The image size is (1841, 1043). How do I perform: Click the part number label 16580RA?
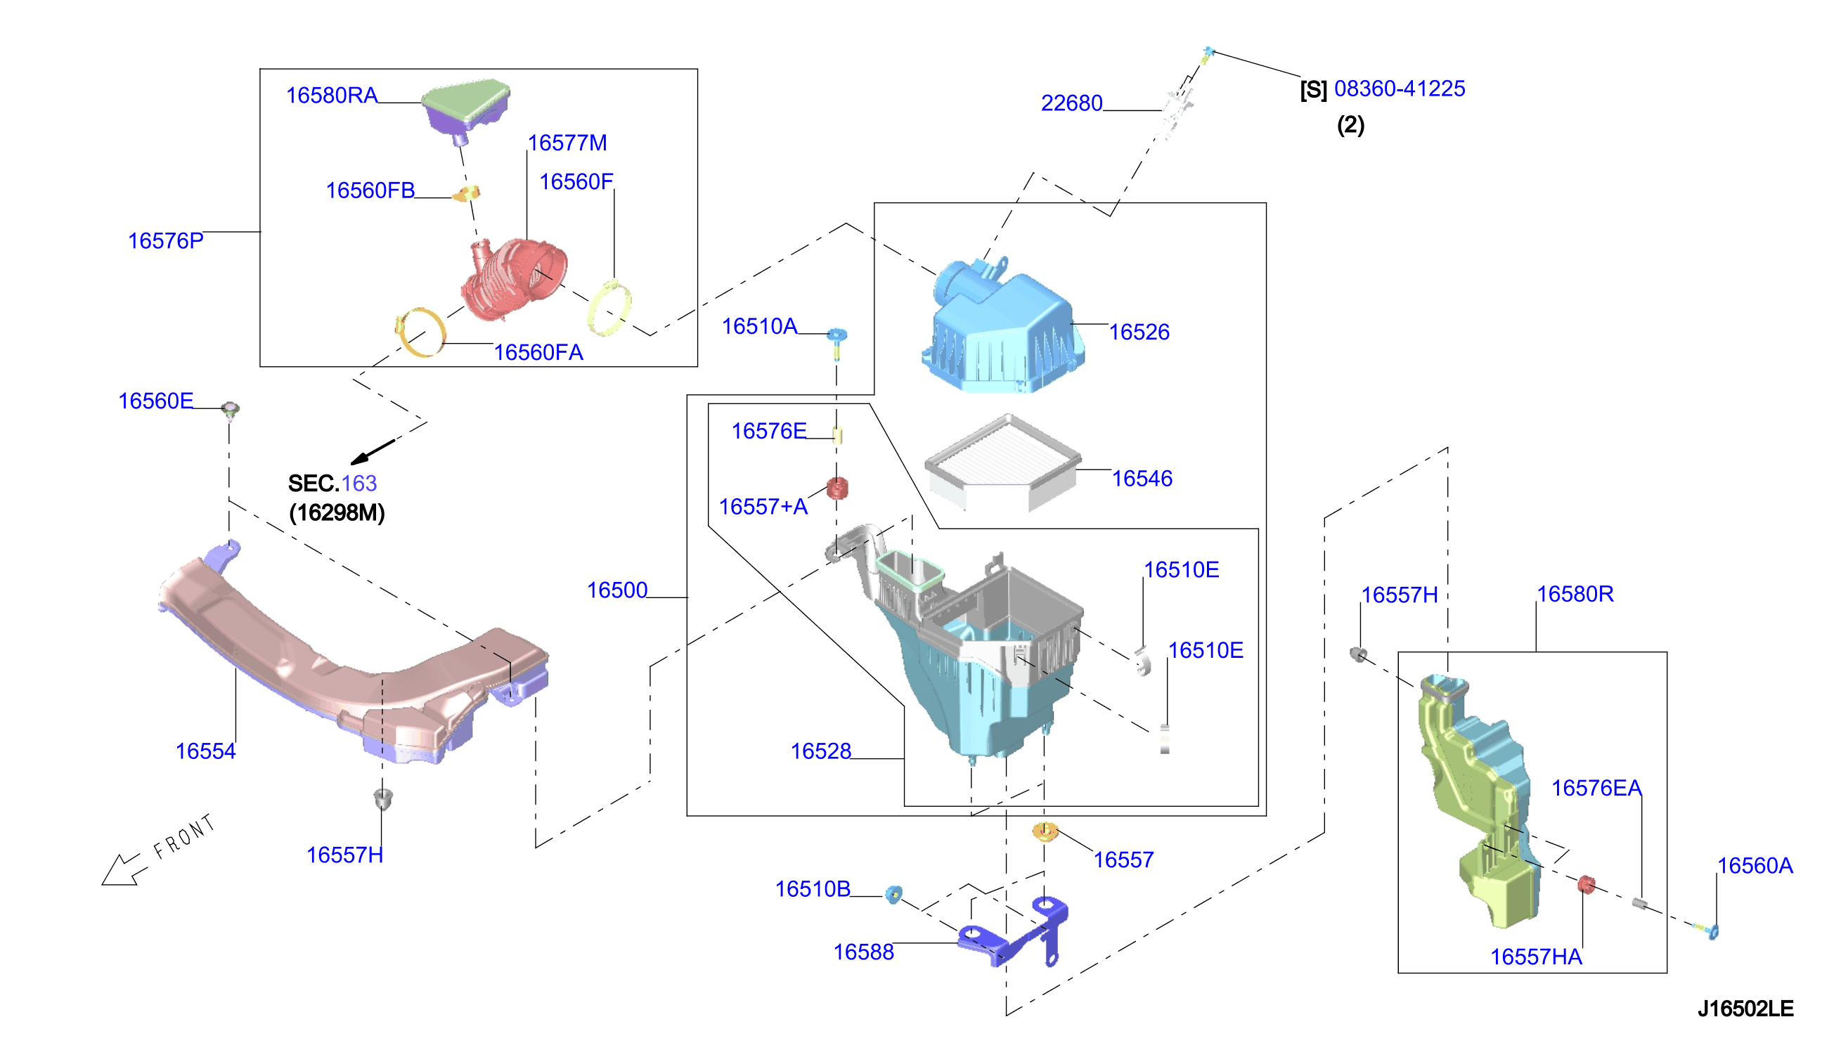pos(332,96)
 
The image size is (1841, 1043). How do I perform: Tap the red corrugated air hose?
pos(513,280)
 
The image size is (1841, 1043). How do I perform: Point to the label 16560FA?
pos(538,352)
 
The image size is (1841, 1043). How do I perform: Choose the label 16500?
pos(616,590)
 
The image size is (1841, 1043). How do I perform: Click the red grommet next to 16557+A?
pos(836,488)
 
